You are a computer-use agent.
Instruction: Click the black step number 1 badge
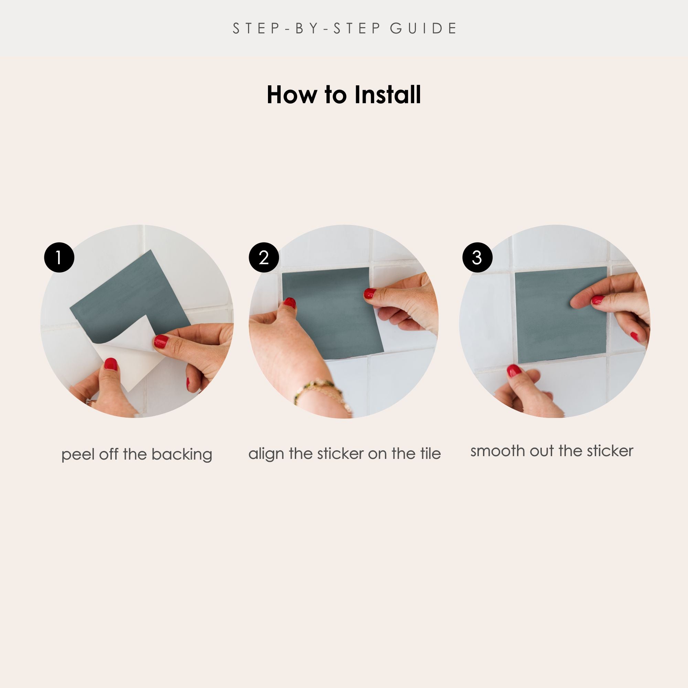pyautogui.click(x=59, y=257)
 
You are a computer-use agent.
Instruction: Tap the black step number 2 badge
pyautogui.click(x=264, y=257)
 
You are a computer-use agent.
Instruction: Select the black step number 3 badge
pyautogui.click(x=477, y=257)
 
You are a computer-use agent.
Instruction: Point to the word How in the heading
pyautogui.click(x=292, y=95)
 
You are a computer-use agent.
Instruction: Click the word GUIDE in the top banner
pyautogui.click(x=423, y=29)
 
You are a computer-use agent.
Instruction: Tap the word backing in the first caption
pyautogui.click(x=182, y=455)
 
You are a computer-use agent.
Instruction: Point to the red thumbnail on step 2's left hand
pyautogui.click(x=289, y=303)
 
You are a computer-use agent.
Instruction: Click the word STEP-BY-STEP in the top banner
pyautogui.click(x=307, y=29)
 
